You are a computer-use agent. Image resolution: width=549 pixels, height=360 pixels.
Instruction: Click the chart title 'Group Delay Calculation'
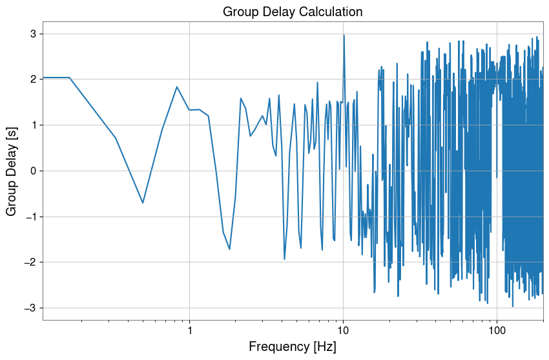pos(293,12)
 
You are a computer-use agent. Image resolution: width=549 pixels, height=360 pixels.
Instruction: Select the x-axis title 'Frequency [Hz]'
pos(293,346)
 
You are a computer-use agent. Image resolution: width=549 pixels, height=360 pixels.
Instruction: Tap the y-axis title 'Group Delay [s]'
pos(12,171)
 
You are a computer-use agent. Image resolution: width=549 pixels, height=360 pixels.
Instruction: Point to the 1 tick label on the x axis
pos(189,330)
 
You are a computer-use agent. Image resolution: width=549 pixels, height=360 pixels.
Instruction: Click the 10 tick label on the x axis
pos(343,330)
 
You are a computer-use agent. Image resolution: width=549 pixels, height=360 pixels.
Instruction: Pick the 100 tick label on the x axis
pos(497,330)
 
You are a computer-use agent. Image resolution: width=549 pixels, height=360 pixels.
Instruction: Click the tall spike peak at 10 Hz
pos(344,36)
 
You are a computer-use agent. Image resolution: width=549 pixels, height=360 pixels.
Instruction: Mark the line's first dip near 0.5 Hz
pos(143,203)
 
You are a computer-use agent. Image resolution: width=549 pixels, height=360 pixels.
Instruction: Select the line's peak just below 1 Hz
pos(176,87)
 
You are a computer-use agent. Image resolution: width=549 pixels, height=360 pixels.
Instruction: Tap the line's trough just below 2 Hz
pos(229,249)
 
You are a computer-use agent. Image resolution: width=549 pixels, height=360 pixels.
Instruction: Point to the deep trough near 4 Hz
pos(284,259)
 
